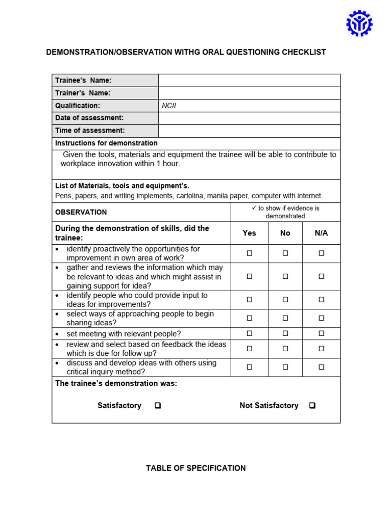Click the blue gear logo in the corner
pyautogui.click(x=359, y=23)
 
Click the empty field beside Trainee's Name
pyautogui.click(x=249, y=81)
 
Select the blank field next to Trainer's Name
pyautogui.click(x=249, y=93)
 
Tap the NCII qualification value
pyautogui.click(x=169, y=106)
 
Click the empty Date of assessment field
pyautogui.click(x=249, y=118)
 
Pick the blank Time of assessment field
pyautogui.click(x=249, y=131)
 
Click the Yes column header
pyautogui.click(x=249, y=233)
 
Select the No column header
pyautogui.click(x=285, y=233)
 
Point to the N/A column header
pyautogui.click(x=322, y=233)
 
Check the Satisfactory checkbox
pyautogui.click(x=158, y=406)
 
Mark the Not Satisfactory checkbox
pyautogui.click(x=312, y=406)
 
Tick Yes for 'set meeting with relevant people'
pyautogui.click(x=249, y=334)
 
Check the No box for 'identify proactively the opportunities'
pyautogui.click(x=285, y=253)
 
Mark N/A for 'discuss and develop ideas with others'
pyautogui.click(x=322, y=367)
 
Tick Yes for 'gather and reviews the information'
pyautogui.click(x=249, y=277)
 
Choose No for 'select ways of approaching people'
pyautogui.click(x=285, y=318)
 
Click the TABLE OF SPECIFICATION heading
pyautogui.click(x=195, y=468)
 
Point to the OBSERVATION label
pyautogui.click(x=81, y=212)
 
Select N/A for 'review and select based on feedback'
pyautogui.click(x=322, y=349)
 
